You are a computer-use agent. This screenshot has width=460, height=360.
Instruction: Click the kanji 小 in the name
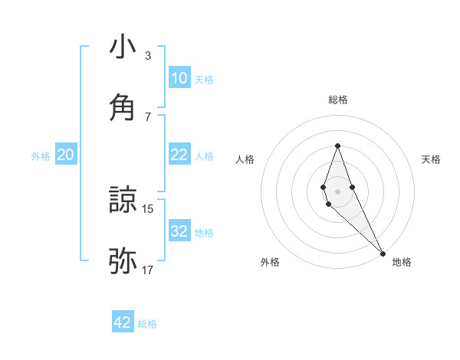(x=123, y=47)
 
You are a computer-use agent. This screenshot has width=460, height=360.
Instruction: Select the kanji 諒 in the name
(x=123, y=201)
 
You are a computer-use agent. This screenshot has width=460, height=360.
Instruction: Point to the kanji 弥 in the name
(x=123, y=260)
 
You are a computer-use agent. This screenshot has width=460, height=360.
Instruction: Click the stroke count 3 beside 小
(x=147, y=56)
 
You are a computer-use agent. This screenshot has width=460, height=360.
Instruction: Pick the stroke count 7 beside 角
(x=147, y=116)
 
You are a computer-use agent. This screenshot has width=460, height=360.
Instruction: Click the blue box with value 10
(x=179, y=77)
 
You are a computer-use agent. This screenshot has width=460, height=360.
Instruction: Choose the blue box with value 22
(x=179, y=155)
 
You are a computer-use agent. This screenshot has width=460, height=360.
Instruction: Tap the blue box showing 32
(x=179, y=231)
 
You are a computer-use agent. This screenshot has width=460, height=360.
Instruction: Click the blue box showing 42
(x=123, y=322)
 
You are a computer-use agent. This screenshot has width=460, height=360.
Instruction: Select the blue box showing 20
(x=66, y=155)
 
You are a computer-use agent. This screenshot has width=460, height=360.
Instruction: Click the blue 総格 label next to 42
(x=147, y=324)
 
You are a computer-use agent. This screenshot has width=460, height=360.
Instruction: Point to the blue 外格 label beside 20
(x=41, y=156)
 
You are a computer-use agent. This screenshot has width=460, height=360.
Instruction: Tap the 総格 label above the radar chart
(x=337, y=100)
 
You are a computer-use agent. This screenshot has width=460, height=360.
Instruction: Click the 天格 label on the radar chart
(x=432, y=159)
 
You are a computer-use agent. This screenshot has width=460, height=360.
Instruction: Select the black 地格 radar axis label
(x=402, y=262)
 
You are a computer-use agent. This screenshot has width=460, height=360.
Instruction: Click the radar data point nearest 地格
(x=383, y=253)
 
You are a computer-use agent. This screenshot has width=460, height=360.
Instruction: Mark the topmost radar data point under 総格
(x=337, y=146)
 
